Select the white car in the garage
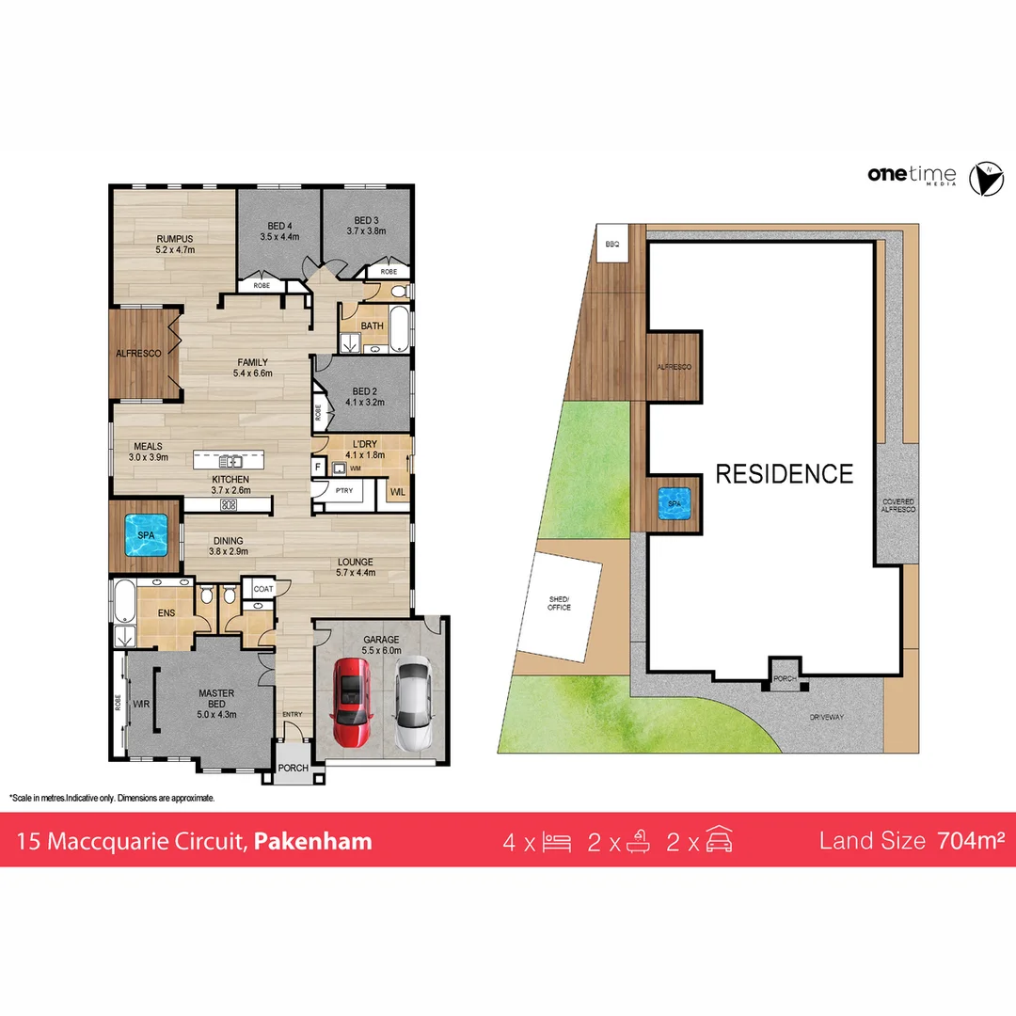411,705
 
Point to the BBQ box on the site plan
612,244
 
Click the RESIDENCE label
784,473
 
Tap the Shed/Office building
562,607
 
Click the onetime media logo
911,176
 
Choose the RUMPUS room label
174,245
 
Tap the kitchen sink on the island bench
230,461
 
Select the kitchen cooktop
228,504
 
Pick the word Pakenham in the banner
313,840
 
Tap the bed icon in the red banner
557,841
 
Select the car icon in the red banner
719,840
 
